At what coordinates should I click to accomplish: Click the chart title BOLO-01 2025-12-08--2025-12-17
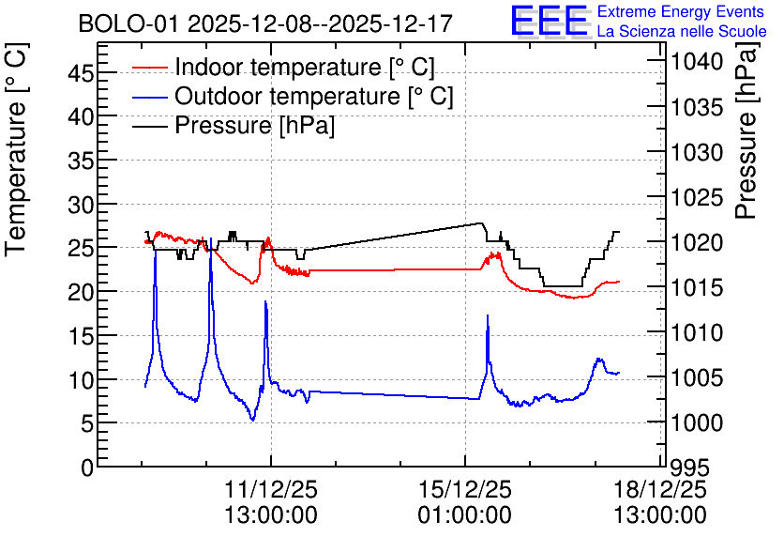265,23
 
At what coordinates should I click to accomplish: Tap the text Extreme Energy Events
681,11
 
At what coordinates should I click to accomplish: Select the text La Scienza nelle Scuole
682,31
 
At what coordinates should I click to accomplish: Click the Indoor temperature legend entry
283,67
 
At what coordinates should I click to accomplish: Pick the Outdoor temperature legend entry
293,96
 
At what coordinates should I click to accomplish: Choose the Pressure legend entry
233,125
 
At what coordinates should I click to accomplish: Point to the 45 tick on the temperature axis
81,74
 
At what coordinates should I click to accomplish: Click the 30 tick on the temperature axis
81,205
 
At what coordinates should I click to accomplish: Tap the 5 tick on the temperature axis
87,424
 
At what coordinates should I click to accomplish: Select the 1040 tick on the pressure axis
697,62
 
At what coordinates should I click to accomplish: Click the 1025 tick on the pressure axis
697,198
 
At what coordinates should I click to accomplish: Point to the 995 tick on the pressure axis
690,468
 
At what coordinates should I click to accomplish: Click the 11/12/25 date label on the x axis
270,489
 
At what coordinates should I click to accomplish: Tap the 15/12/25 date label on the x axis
465,489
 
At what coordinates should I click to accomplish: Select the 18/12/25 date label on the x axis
660,489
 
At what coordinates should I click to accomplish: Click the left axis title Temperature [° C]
16,150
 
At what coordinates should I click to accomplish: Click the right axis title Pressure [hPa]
747,130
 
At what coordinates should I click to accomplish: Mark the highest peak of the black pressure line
481,223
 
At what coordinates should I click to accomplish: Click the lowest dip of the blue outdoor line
252,420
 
